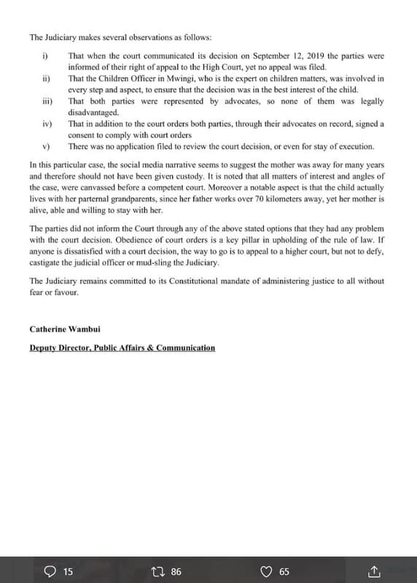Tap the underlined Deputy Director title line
point(122,348)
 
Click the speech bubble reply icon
point(50,571)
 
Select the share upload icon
point(375,571)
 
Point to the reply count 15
point(68,572)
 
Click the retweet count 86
point(175,572)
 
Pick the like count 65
point(284,572)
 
